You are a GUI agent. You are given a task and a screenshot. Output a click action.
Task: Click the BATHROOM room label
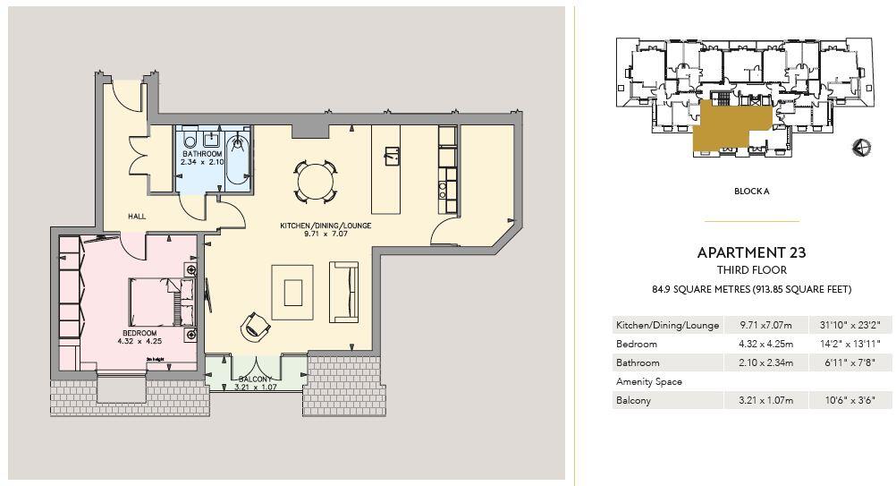200,154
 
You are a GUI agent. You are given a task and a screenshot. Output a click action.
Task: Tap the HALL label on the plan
137,217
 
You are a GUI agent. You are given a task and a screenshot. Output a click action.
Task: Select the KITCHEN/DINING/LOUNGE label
325,226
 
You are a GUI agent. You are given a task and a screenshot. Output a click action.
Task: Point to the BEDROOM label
139,334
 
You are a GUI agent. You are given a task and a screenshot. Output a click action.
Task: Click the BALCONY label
254,379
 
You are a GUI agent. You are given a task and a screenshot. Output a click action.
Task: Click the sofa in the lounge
343,291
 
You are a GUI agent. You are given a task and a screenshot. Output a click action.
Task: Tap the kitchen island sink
390,156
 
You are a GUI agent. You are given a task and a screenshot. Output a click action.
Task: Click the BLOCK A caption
751,192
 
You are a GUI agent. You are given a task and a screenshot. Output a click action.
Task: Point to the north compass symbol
862,148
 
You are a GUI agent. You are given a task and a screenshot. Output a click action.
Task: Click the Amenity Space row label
649,381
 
